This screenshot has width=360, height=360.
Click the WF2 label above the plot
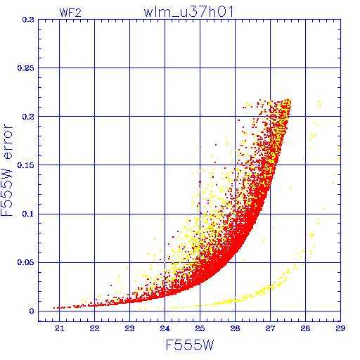pyautogui.click(x=70, y=13)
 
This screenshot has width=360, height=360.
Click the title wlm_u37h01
pyautogui.click(x=188, y=12)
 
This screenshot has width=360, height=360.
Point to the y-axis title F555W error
pyautogui.click(x=6, y=170)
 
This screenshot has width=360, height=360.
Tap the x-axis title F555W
pyautogui.click(x=190, y=345)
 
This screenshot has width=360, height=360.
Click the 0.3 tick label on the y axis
pyautogui.click(x=28, y=20)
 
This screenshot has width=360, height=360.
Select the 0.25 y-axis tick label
pyautogui.click(x=25, y=68)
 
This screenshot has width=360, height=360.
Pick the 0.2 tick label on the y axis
pyautogui.click(x=28, y=117)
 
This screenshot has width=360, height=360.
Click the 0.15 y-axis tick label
pyautogui.click(x=25, y=165)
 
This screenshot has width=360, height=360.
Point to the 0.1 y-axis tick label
pyautogui.click(x=28, y=214)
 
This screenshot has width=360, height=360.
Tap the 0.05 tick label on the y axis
pyautogui.click(x=25, y=262)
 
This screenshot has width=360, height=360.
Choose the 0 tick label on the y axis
pyautogui.click(x=32, y=311)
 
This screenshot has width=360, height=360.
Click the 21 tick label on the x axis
pyautogui.click(x=60, y=328)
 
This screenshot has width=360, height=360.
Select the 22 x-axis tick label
pyautogui.click(x=94, y=328)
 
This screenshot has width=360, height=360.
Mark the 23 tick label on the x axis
pyautogui.click(x=129, y=328)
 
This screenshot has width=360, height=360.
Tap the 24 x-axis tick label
pyautogui.click(x=165, y=328)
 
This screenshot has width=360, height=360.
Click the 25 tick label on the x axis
pyautogui.click(x=200, y=328)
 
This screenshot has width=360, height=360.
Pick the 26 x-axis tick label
pyautogui.click(x=235, y=328)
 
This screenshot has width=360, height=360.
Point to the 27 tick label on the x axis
pyautogui.click(x=270, y=328)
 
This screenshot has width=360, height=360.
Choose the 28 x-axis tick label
pyautogui.click(x=305, y=328)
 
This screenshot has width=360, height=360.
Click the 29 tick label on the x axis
pyautogui.click(x=340, y=328)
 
